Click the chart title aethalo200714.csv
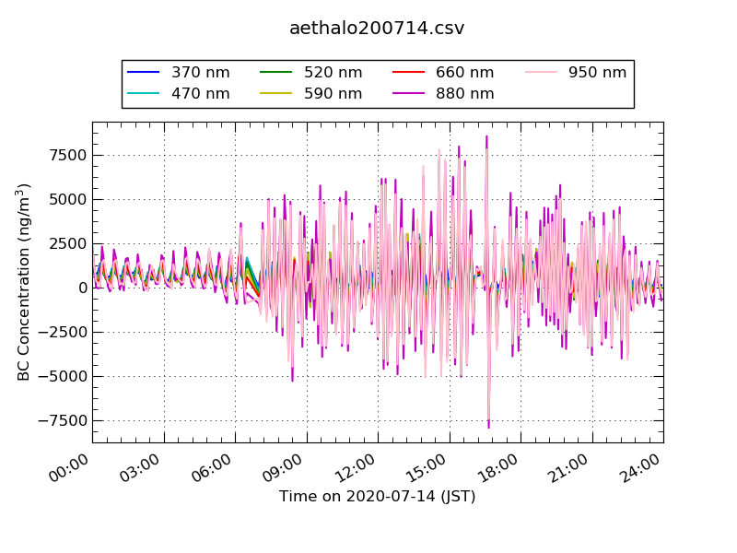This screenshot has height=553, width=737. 377,28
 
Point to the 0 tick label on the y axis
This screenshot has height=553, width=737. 82,288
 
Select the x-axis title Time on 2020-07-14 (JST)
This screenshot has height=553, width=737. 377,497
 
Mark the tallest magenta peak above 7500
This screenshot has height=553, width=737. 486,137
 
